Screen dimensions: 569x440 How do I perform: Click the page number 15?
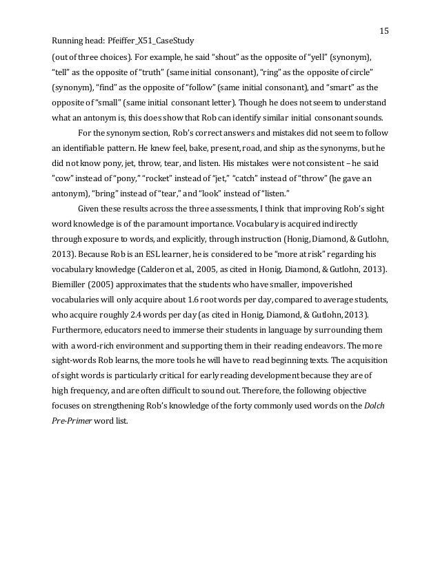[384, 30]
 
